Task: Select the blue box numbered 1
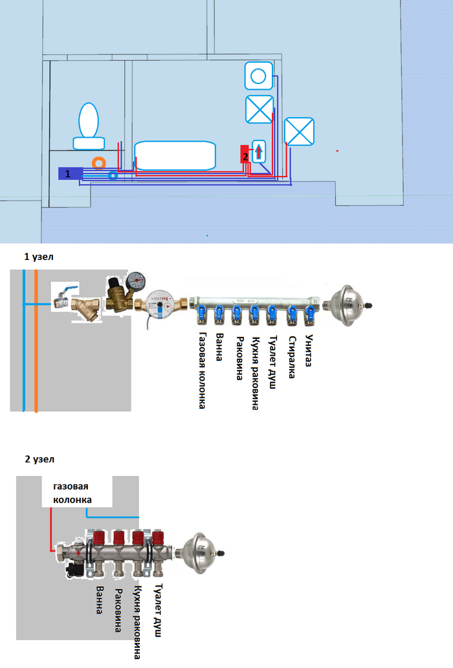(x=69, y=173)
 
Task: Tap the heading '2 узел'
(x=40, y=459)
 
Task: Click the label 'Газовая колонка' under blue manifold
(x=203, y=371)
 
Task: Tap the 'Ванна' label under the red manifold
(x=99, y=599)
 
